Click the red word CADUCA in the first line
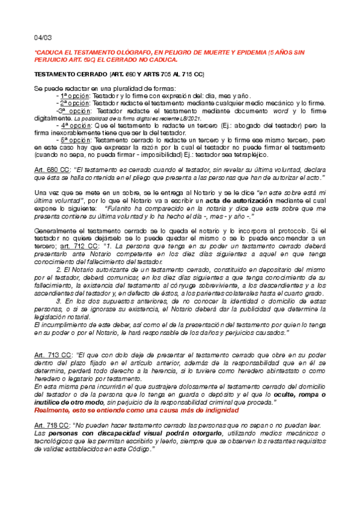[x=50, y=53]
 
